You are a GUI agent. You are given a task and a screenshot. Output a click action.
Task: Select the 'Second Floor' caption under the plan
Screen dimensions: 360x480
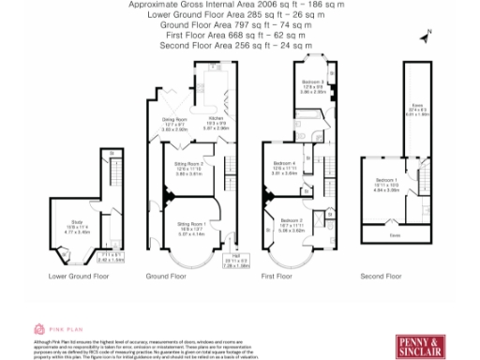pos(386,277)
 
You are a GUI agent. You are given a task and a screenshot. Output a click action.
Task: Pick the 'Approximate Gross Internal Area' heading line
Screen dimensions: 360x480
pos(235,5)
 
